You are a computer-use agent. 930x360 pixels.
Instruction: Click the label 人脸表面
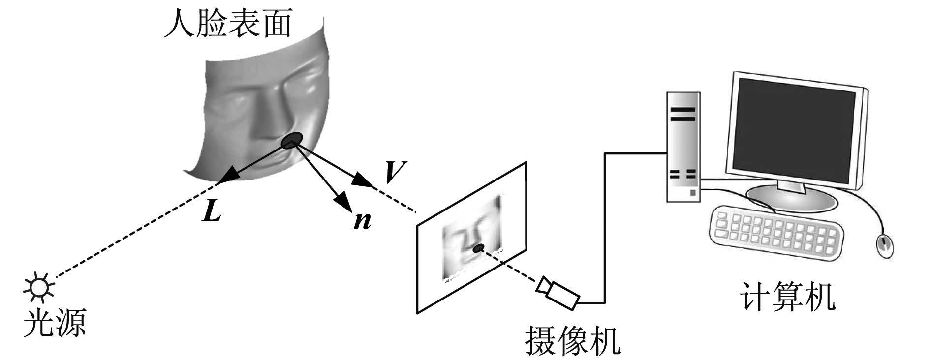[228, 24]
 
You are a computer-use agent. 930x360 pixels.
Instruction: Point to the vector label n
[363, 222]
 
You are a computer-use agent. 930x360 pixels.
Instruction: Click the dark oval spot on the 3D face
[292, 140]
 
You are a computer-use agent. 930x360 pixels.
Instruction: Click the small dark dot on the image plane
[477, 248]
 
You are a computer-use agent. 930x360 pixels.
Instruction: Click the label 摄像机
[572, 340]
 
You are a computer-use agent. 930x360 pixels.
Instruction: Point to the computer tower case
[683, 147]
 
